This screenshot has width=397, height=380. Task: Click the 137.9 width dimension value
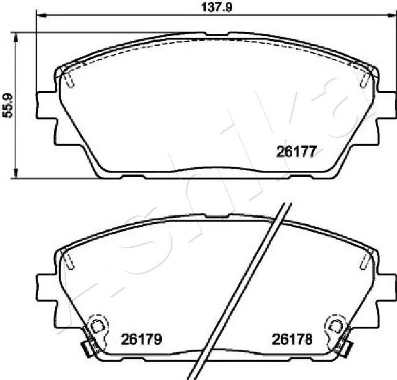pyautogui.click(x=216, y=7)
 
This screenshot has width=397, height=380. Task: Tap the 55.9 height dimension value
pyautogui.click(x=7, y=106)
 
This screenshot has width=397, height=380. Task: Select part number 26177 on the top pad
pyautogui.click(x=297, y=152)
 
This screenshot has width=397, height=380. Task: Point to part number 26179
pyautogui.click(x=141, y=339)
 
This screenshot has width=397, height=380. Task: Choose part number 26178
pyautogui.click(x=292, y=339)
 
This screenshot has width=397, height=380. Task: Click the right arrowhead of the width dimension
pyautogui.click(x=392, y=15)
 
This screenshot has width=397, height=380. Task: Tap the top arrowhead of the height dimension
pyautogui.click(x=16, y=38)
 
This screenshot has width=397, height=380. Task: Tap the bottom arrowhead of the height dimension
pyautogui.click(x=16, y=173)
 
